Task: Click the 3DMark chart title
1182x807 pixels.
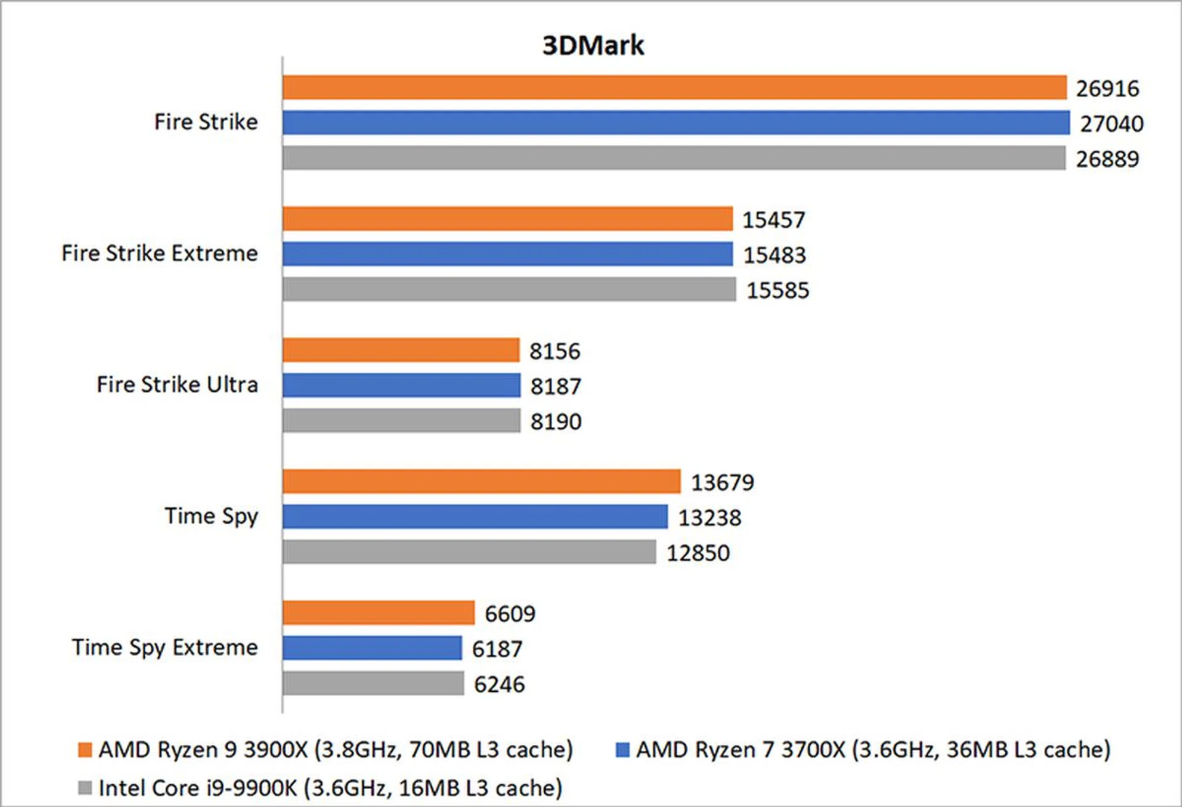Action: (593, 46)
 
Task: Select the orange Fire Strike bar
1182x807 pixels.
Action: (674, 87)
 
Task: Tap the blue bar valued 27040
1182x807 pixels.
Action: (676, 123)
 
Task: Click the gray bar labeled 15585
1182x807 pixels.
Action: (509, 290)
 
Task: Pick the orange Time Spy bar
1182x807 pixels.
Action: (481, 482)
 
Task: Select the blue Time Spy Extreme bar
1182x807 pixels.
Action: (372, 648)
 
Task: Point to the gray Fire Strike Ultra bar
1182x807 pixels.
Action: (401, 421)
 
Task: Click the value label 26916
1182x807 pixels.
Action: (1107, 89)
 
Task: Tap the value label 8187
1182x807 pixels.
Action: (555, 387)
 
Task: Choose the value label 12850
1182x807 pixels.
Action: (698, 553)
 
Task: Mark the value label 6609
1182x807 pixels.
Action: (510, 614)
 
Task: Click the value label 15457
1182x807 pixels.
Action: (773, 220)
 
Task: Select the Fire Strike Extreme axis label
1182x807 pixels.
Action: (159, 253)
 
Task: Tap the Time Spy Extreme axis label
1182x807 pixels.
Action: (164, 647)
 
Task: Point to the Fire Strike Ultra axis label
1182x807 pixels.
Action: (177, 384)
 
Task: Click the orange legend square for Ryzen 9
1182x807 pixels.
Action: (85, 750)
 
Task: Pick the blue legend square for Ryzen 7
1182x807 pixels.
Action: (622, 750)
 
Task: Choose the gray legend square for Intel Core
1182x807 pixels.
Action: (85, 788)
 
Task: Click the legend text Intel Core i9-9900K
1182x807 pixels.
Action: (330, 788)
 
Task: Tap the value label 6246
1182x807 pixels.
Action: (499, 684)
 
